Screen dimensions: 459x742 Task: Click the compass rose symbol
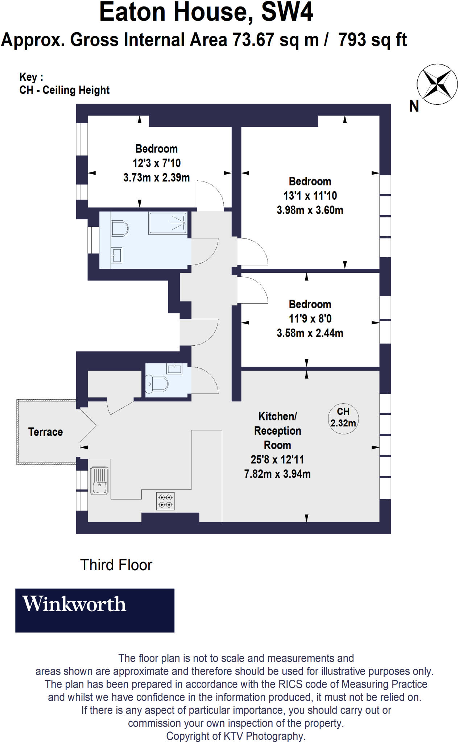(x=437, y=84)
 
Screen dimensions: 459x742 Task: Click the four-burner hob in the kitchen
(x=165, y=501)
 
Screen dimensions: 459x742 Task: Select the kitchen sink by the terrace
(x=99, y=481)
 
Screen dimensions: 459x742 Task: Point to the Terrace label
(x=45, y=432)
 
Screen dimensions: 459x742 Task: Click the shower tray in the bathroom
(x=168, y=223)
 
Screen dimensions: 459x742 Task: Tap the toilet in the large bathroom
(x=120, y=229)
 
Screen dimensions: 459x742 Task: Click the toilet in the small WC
(x=157, y=384)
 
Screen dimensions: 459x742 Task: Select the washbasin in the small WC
(x=174, y=368)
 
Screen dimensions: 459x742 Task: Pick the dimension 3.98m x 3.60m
(x=310, y=210)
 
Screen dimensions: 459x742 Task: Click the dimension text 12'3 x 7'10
(x=157, y=163)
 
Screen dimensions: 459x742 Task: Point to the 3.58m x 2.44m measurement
(x=310, y=333)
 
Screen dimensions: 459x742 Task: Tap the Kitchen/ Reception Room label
(x=277, y=431)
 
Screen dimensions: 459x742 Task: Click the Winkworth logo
(x=95, y=610)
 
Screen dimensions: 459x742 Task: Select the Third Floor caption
(x=116, y=565)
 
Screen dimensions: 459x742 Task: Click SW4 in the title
(x=287, y=12)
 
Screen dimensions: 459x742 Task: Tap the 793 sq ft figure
(x=372, y=40)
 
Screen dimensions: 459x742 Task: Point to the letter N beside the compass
(x=414, y=106)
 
